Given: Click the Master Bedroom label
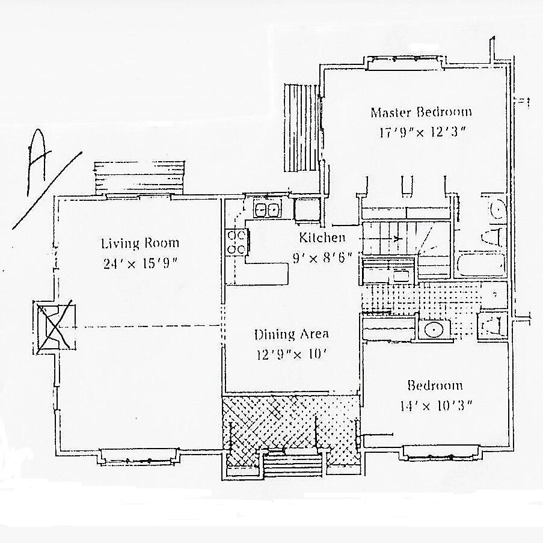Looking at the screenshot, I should tap(421, 112).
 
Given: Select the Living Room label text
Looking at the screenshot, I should tap(140, 244).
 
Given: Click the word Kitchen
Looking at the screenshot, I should tap(322, 238).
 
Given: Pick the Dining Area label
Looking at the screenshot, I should tap(291, 334).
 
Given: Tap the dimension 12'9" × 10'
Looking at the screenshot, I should tap(291, 354).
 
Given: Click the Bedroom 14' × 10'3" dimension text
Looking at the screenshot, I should tap(435, 405).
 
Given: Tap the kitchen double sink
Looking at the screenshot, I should tap(266, 210).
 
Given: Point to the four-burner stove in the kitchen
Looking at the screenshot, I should tap(236, 242).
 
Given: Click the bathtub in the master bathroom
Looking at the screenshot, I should tap(480, 265).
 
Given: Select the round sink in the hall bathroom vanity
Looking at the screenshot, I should tap(432, 330).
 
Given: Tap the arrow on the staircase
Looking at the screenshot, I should tap(398, 239).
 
